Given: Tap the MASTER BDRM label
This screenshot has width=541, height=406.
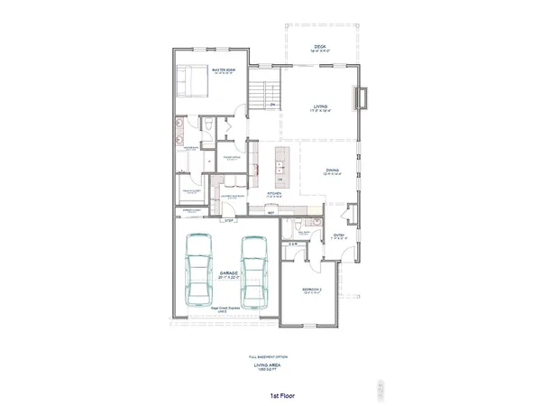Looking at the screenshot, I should [223, 70].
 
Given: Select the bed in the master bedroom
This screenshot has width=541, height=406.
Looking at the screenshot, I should [193, 82].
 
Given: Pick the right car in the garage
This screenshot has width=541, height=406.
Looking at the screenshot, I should [255, 272].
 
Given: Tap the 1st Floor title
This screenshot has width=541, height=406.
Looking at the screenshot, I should [270, 394].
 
